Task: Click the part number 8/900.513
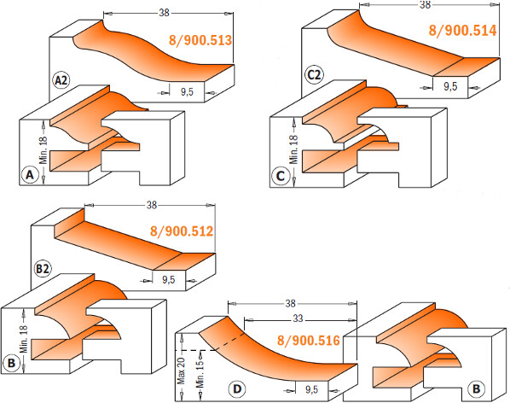[x=200, y=40]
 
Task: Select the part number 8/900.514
[x=462, y=30]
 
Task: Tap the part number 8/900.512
[x=182, y=231]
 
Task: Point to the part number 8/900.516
[x=309, y=341]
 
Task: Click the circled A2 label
[x=61, y=80]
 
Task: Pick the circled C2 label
[x=314, y=75]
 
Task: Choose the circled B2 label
[x=43, y=269]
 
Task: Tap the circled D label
[x=237, y=388]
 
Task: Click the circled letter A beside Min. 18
[x=30, y=175]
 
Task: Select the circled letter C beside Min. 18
[x=281, y=176]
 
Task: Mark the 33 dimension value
[x=298, y=318]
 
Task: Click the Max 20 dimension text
[x=181, y=371]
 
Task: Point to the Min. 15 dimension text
[x=200, y=372]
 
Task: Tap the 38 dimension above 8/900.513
[x=165, y=13]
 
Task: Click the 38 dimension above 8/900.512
[x=152, y=205]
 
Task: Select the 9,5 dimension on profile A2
[x=187, y=92]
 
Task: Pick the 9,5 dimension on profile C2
[x=450, y=86]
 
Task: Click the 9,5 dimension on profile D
[x=311, y=389]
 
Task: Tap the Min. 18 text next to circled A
[x=43, y=150]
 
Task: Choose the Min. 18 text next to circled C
[x=293, y=149]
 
